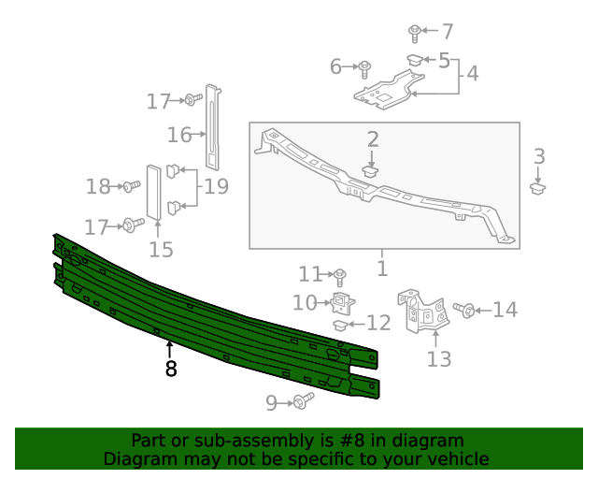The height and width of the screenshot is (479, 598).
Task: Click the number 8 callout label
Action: (170, 370)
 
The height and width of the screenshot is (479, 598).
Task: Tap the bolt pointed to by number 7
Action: (414, 32)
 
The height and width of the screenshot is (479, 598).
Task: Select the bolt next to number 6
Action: (365, 67)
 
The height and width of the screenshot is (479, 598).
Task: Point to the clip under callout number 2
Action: (372, 171)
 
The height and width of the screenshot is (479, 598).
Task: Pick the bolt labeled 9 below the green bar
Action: (301, 402)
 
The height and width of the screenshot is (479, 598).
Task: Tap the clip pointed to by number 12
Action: (342, 326)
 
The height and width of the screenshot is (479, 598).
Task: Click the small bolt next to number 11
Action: (340, 275)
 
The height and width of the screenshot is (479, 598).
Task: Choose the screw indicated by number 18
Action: (131, 188)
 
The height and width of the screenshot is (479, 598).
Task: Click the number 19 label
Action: (217, 186)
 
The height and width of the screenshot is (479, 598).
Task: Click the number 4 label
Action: (473, 73)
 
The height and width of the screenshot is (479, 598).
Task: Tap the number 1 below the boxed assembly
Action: (381, 269)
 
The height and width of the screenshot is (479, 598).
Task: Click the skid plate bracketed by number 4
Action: (387, 92)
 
